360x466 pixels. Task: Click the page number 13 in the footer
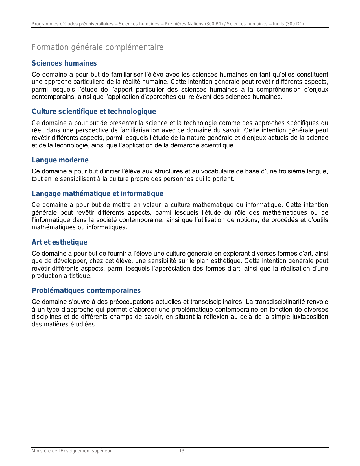pyautogui.click(x=182, y=451)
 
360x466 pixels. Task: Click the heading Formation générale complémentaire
pyautogui.click(x=97, y=47)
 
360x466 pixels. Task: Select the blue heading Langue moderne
pyautogui.click(x=60, y=160)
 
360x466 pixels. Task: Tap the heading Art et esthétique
pyautogui.click(x=60, y=242)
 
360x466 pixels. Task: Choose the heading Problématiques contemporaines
pyautogui.click(x=86, y=291)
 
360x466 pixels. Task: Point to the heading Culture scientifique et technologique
pyautogui.click(x=94, y=112)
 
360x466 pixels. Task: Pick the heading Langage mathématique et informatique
pyautogui.click(x=97, y=194)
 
